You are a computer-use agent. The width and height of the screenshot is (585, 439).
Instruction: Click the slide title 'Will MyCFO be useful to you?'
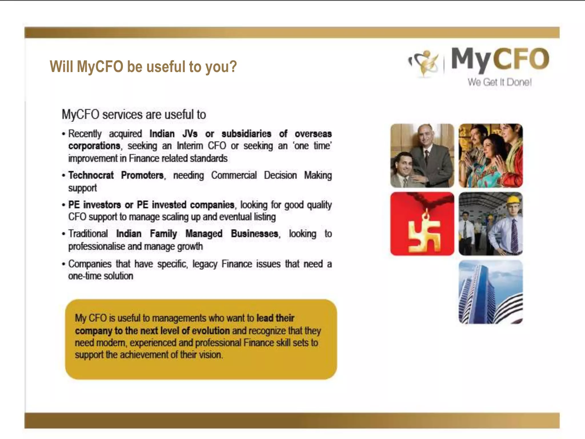click(143, 67)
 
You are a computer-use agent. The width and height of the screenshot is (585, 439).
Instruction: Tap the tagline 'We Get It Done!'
click(499, 82)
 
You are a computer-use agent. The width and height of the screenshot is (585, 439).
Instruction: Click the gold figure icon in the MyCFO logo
click(424, 63)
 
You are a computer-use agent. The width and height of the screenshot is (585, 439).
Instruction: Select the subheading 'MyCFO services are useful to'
click(134, 115)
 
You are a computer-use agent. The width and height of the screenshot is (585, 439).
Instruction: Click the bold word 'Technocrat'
click(91, 175)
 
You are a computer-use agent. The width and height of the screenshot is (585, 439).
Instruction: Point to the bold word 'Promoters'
click(143, 175)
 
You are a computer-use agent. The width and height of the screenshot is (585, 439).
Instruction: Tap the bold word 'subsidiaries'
click(246, 134)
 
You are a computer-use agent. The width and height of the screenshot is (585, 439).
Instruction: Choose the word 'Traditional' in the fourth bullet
click(88, 234)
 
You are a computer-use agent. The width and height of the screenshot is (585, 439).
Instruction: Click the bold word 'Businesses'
click(255, 234)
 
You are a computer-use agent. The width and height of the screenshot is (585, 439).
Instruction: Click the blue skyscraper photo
click(490, 292)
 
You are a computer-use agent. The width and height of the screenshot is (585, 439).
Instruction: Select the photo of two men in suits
click(422, 156)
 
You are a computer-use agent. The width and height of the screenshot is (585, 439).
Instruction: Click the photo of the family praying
click(490, 156)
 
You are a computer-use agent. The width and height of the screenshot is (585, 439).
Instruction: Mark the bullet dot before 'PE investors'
click(64, 205)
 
